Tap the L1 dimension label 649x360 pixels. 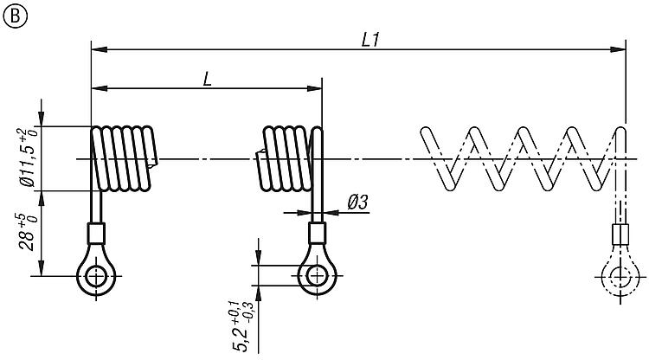tap(371, 39)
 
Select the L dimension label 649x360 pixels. tap(208, 79)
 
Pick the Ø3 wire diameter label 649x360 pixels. tap(357, 202)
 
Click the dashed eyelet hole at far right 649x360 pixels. tap(620, 278)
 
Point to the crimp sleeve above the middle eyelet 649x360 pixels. tap(317, 234)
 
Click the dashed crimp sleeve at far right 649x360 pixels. tap(620, 235)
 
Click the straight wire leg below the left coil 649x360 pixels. tap(95, 206)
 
